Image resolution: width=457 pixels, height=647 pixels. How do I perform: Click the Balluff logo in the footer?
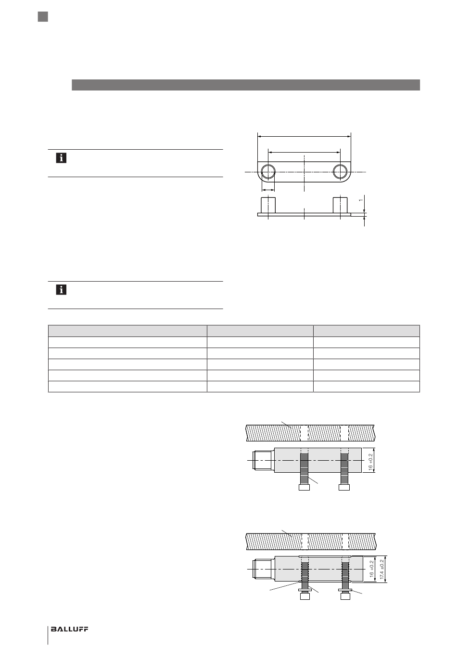[69, 629]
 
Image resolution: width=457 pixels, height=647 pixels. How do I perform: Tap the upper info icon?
[61, 158]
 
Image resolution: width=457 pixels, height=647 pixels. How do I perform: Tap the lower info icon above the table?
[61, 290]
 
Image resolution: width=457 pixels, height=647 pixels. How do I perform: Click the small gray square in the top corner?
[43, 17]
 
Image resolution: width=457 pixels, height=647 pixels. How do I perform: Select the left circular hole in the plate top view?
[268, 172]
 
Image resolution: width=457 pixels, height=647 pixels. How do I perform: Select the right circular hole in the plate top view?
[340, 172]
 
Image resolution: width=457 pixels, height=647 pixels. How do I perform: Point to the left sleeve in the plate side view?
[268, 206]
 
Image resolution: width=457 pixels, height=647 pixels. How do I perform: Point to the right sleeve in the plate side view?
[340, 206]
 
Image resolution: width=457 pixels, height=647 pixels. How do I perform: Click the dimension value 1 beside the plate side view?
[361, 200]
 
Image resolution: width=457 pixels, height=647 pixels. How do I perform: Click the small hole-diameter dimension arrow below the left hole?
[268, 190]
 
